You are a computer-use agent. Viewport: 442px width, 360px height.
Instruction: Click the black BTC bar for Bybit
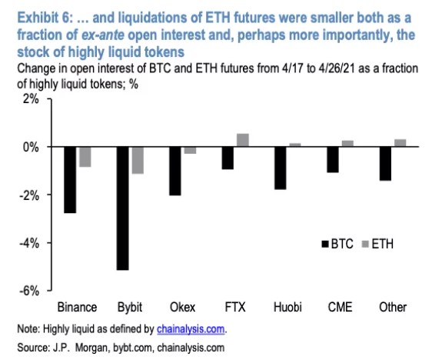pos(122,208)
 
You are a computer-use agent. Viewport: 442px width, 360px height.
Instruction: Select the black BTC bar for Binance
pos(70,179)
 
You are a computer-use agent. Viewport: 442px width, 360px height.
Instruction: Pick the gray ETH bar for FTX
pos(242,140)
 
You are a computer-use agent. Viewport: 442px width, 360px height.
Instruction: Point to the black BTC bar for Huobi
pos(280,168)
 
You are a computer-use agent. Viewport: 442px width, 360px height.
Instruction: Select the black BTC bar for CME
pos(333,159)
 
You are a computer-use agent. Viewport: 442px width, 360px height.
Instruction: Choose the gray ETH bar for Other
pos(400,142)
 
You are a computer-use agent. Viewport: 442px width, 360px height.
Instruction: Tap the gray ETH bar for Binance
pos(85,156)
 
